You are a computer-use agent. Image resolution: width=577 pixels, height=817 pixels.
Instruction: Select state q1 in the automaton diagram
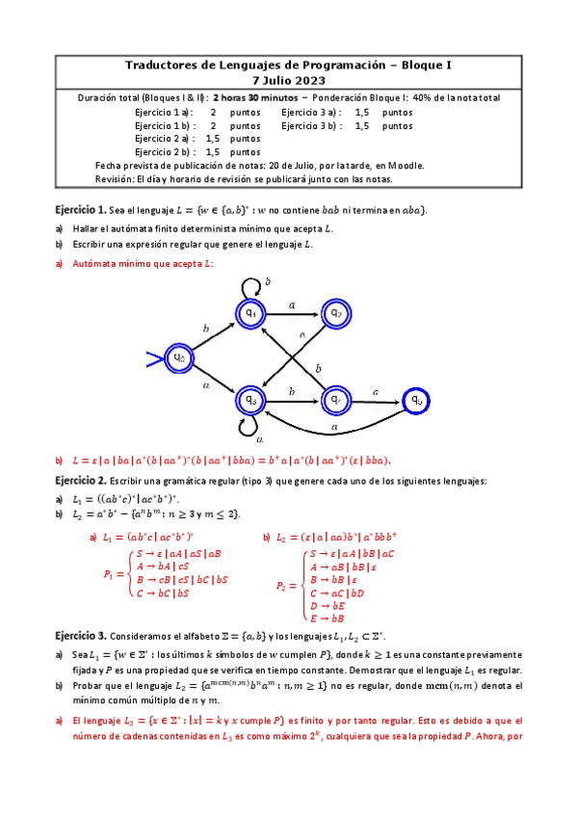click(249, 313)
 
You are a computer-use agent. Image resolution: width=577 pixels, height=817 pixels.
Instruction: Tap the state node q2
click(335, 313)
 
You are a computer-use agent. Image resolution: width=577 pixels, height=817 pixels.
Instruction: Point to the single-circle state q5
click(416, 399)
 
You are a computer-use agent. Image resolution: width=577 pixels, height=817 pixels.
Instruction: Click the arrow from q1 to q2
click(292, 313)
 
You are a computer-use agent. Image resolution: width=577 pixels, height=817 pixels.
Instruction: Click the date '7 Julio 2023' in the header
click(288, 80)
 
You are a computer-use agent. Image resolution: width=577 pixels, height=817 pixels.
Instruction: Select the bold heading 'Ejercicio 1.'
click(80, 210)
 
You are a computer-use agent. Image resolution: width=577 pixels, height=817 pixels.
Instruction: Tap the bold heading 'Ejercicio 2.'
click(80, 481)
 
